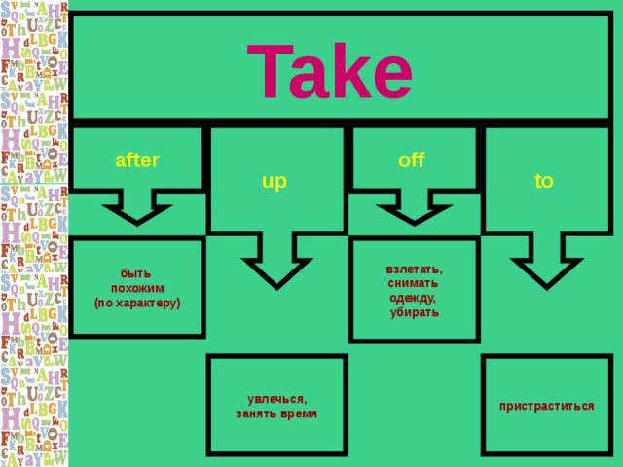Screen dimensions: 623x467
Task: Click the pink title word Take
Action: [x=329, y=70]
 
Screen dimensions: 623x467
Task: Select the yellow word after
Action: [x=137, y=160]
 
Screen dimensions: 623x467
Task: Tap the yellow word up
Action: [x=275, y=182]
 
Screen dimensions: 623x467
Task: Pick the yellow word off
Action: [x=411, y=160]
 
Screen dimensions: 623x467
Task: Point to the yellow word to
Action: [x=543, y=181]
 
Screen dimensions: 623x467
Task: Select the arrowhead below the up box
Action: [x=276, y=273]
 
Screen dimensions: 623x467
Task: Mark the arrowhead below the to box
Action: [x=547, y=273]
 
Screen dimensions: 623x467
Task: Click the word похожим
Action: [x=137, y=288]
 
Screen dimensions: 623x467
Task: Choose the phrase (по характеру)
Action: [x=137, y=304]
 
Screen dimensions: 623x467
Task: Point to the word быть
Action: [x=136, y=273]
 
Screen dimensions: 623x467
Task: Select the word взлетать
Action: [x=415, y=269]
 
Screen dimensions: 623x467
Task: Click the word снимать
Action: [x=413, y=283]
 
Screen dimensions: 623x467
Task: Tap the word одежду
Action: [x=413, y=299]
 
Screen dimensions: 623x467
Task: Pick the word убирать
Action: [x=415, y=313]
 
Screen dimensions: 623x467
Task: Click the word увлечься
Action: [x=276, y=399]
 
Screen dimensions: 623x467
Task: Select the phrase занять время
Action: [x=276, y=413]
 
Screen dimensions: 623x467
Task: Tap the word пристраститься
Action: [x=547, y=407]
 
